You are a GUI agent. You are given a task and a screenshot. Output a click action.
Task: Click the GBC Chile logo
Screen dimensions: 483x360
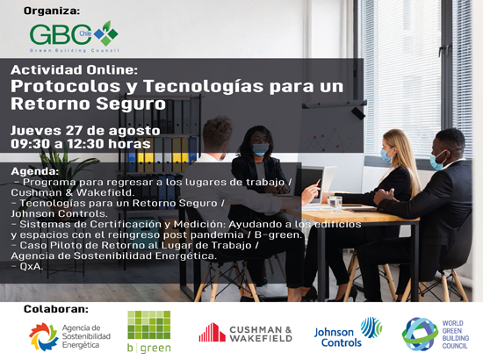pos(74,37)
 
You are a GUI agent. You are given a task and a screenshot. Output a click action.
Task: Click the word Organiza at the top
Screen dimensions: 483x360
pos(52,11)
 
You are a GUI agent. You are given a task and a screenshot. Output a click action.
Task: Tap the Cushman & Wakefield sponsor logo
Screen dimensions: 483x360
pos(245,333)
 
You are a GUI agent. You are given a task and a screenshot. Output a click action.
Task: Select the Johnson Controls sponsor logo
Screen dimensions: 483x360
pos(348,332)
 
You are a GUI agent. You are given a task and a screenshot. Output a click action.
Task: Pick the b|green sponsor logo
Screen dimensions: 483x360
pos(149,332)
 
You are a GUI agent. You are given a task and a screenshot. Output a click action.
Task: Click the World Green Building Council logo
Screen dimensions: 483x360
pos(436,335)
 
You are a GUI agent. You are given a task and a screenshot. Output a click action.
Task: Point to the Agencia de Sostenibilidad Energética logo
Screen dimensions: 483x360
pos(70,336)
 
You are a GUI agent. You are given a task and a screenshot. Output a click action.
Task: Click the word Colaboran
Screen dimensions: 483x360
pos(56,309)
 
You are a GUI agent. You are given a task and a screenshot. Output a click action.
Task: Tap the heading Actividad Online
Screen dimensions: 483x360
pos(74,70)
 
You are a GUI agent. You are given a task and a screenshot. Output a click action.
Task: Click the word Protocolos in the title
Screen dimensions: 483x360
pos(65,87)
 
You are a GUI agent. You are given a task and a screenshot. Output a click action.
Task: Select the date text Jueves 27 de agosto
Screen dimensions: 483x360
pos(85,131)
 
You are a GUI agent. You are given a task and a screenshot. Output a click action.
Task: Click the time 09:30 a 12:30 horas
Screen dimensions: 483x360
pos(81,144)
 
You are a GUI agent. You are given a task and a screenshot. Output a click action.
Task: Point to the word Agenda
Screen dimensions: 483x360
pos(35,171)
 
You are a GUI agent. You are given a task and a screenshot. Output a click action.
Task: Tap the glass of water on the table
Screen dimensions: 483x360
pos(335,204)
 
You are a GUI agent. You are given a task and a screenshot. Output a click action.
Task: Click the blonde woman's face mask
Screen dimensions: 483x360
pos(386,155)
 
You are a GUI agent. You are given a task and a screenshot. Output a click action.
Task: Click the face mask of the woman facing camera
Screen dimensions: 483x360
pos(261,149)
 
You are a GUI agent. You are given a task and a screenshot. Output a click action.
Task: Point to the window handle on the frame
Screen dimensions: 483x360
pos(444,50)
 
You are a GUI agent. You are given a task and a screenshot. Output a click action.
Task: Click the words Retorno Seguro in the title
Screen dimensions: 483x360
pos(88,104)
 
